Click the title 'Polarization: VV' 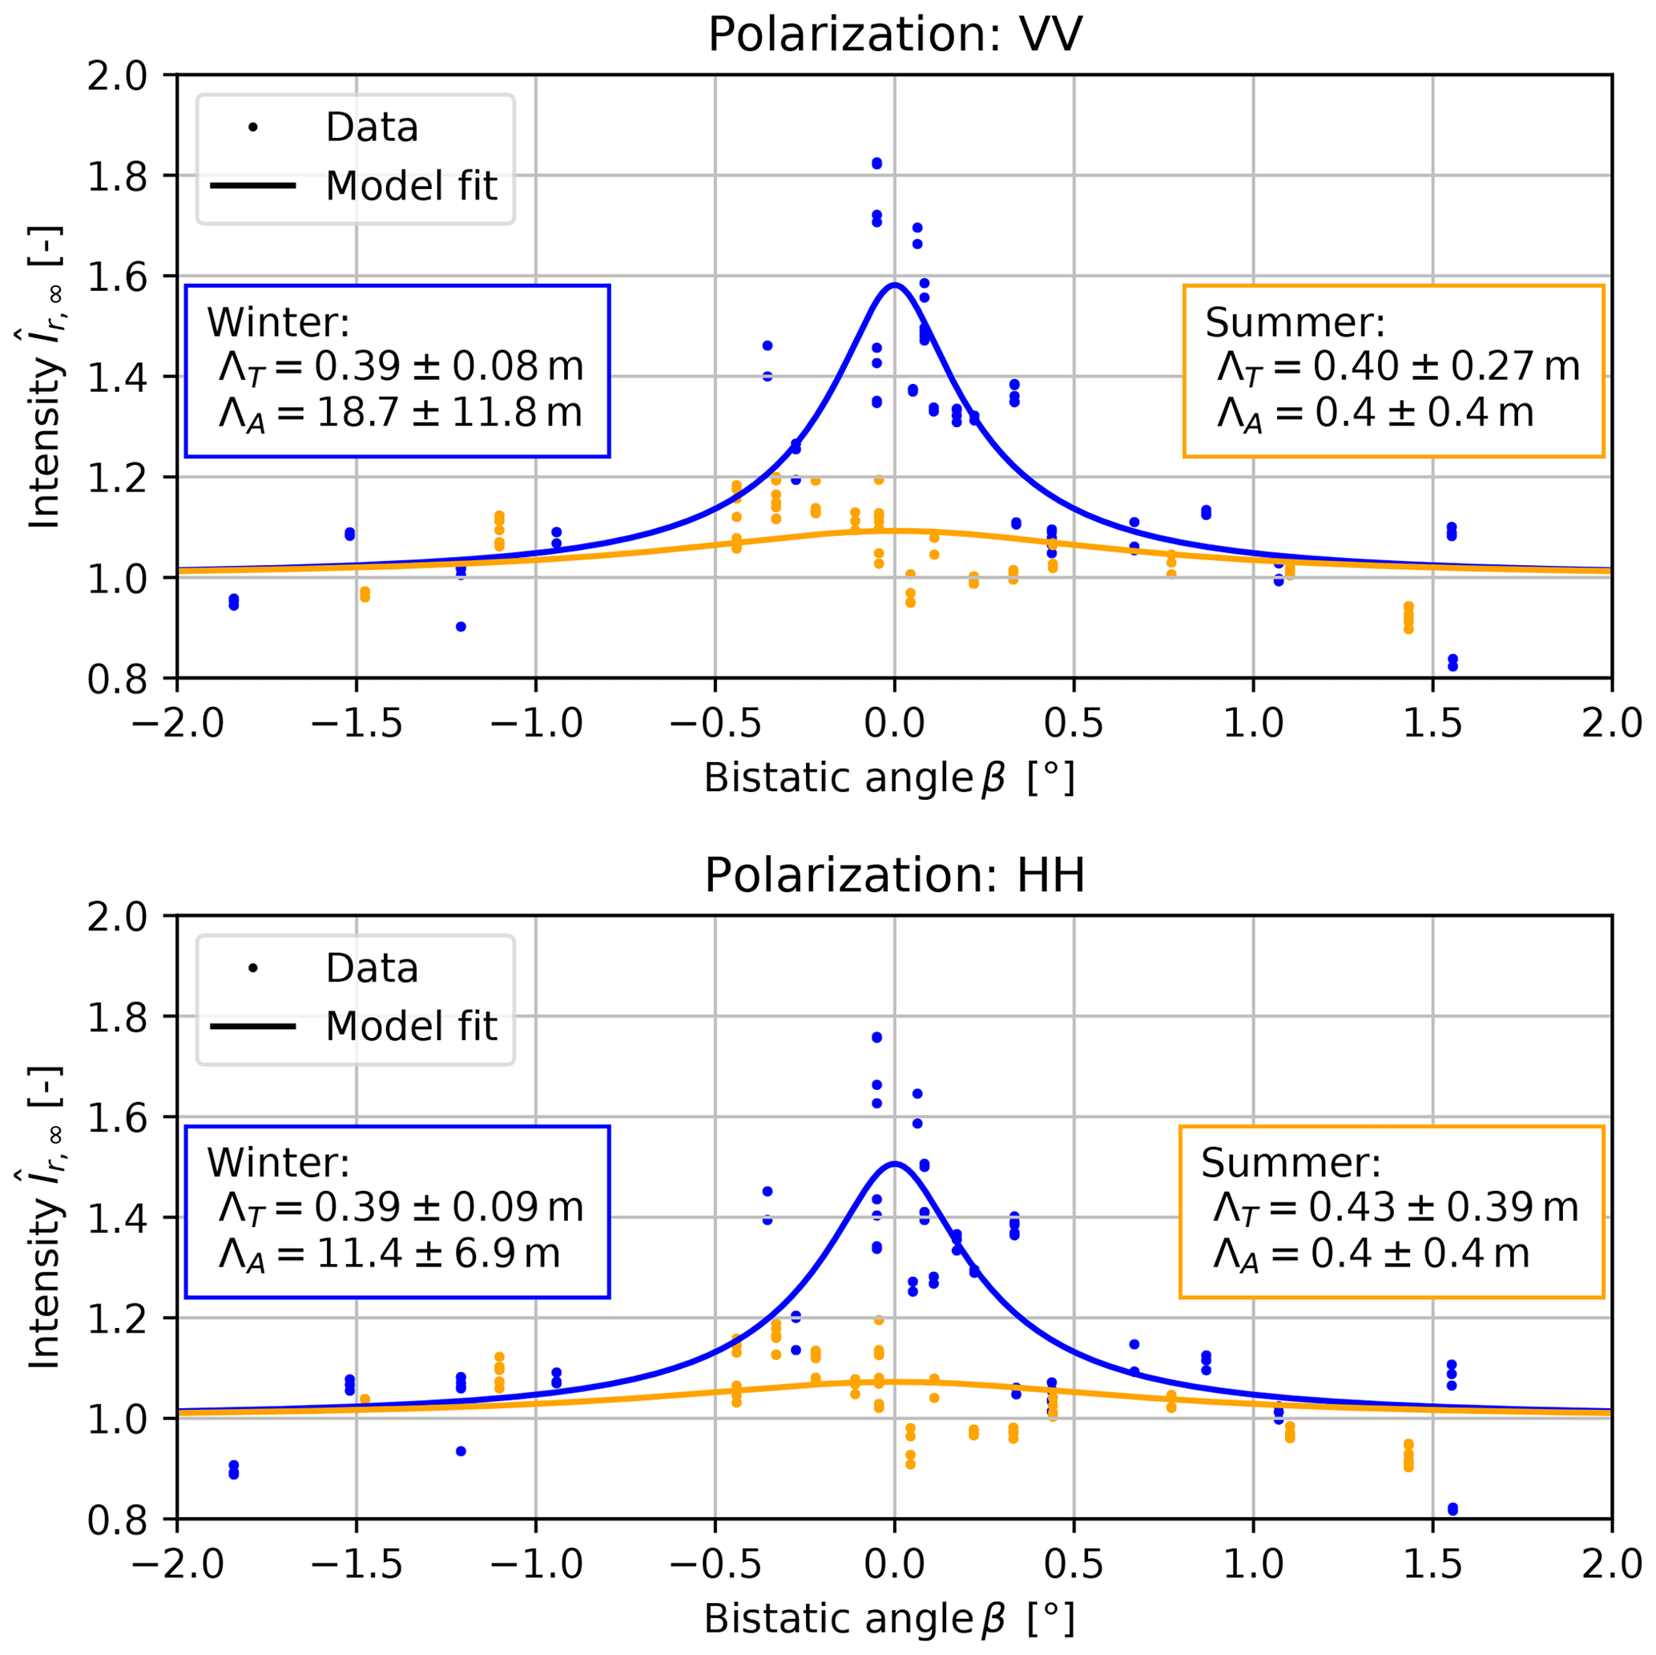[894, 36]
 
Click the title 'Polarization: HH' [894, 876]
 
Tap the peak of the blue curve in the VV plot [894, 285]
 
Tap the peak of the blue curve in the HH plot [894, 1164]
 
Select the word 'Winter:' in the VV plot [278, 322]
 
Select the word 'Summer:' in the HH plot [1291, 1163]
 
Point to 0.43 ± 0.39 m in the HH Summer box [1444, 1207]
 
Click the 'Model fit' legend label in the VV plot [412, 186]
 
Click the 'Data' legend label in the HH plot [372, 968]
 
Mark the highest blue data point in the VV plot [876, 163]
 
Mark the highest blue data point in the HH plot [876, 1038]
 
